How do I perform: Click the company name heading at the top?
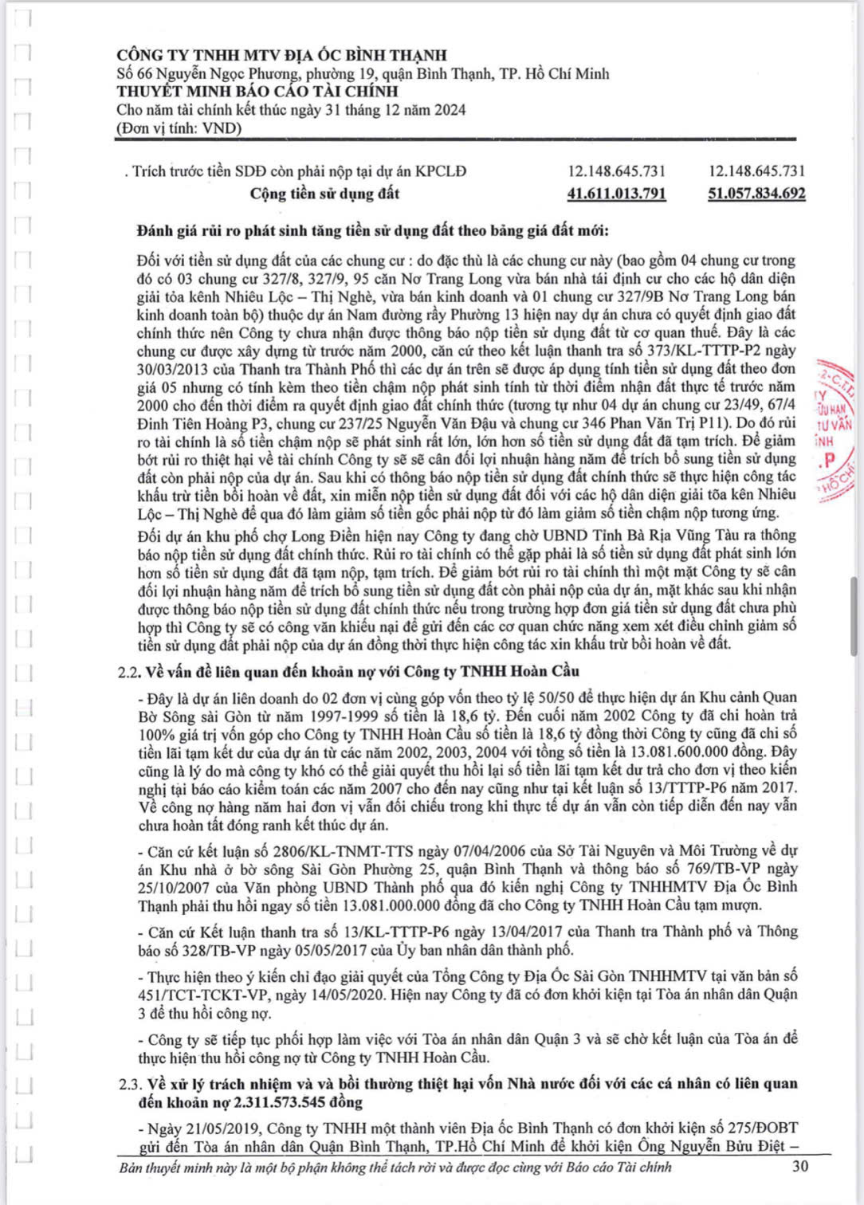pos(281,55)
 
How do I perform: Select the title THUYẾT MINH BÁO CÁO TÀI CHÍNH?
pos(257,92)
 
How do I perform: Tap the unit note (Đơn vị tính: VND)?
pos(179,128)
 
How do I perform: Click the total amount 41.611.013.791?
pos(616,194)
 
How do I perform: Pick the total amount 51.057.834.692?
pos(756,194)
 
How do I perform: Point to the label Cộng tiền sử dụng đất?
pos(324,194)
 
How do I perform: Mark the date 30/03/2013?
pos(173,369)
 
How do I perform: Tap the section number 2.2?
pos(128,671)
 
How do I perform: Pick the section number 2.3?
pos(128,1084)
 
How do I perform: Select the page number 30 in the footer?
pos(800,1167)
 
